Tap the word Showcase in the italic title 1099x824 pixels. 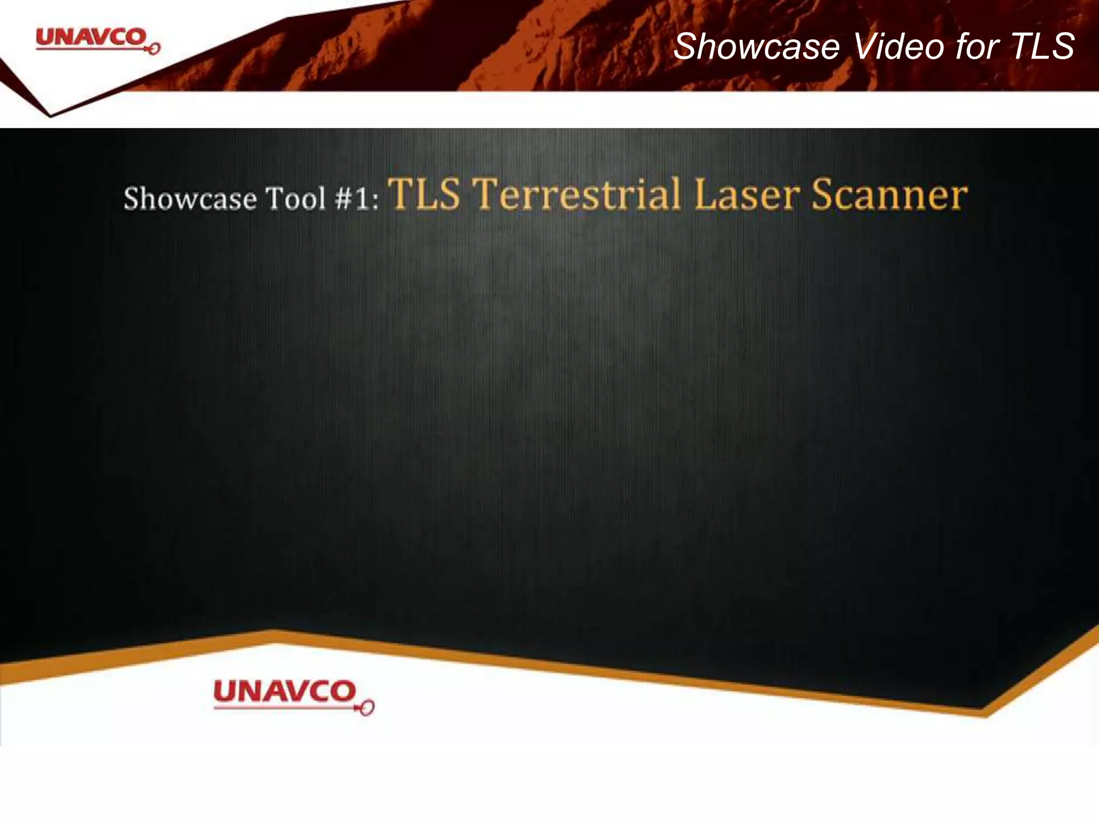point(756,47)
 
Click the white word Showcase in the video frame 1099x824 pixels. point(190,199)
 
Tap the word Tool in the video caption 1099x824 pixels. point(296,198)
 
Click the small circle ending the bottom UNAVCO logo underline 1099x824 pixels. point(368,709)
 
